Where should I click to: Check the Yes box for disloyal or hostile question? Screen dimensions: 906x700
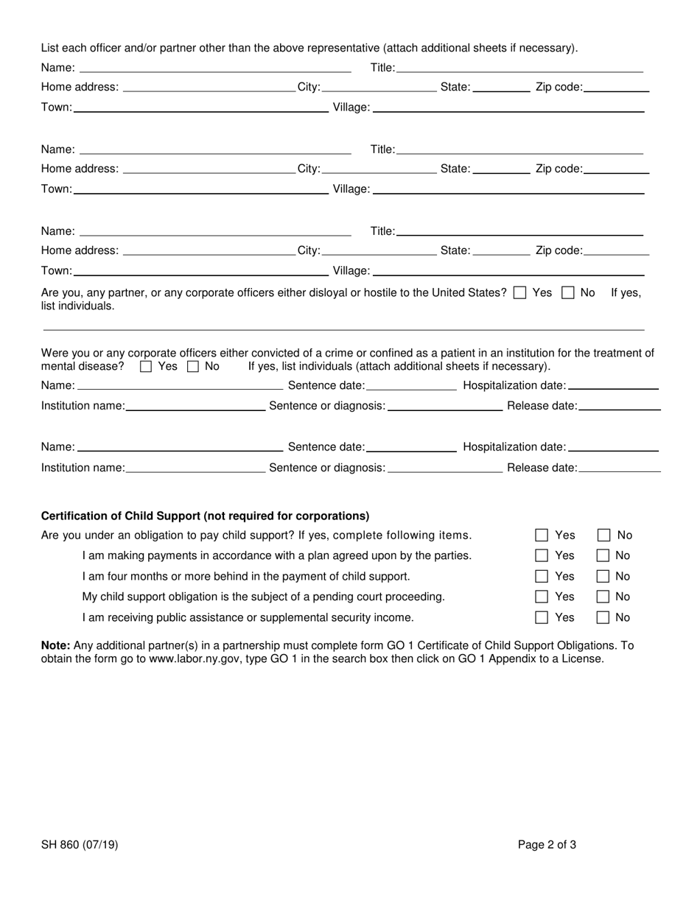(520, 292)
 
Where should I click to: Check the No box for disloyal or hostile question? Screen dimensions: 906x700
(568, 292)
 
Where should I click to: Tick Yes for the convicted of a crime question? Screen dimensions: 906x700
(146, 366)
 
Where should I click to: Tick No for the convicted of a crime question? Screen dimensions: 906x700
(193, 366)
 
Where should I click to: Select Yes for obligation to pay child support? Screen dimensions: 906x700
(542, 535)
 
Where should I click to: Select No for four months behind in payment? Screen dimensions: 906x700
(603, 577)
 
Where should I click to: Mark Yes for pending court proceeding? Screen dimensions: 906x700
(542, 597)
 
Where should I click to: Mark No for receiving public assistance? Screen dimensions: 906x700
(603, 617)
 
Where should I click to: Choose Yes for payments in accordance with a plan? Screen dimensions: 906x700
(542, 555)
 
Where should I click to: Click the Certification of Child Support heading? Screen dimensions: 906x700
(205, 516)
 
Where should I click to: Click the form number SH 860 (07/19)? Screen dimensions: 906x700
(80, 845)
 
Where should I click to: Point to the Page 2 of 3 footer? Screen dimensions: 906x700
(547, 845)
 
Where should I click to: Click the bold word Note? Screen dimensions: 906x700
(55, 645)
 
